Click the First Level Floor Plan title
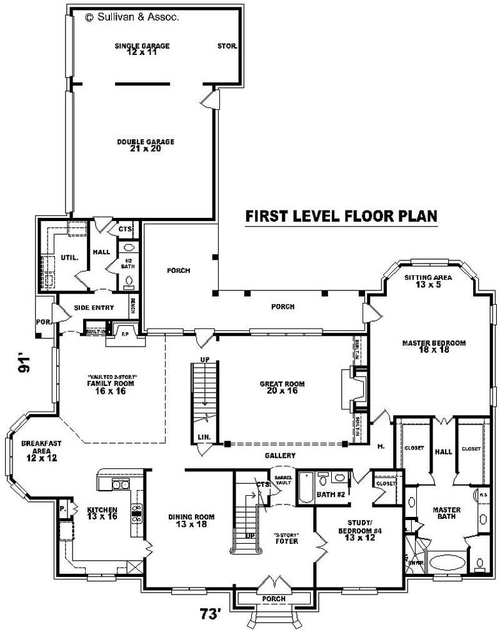(341, 216)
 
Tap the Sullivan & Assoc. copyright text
(132, 18)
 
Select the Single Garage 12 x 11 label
(142, 49)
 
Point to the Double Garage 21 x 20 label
(145, 145)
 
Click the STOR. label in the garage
(226, 46)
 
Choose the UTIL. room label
(69, 257)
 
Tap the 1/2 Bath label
(127, 263)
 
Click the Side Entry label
(94, 307)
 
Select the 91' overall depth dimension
(24, 365)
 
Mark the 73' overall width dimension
(211, 614)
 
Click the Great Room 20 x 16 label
(282, 387)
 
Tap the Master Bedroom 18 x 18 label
(434, 347)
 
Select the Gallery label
(279, 456)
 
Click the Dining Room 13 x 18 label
(192, 520)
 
